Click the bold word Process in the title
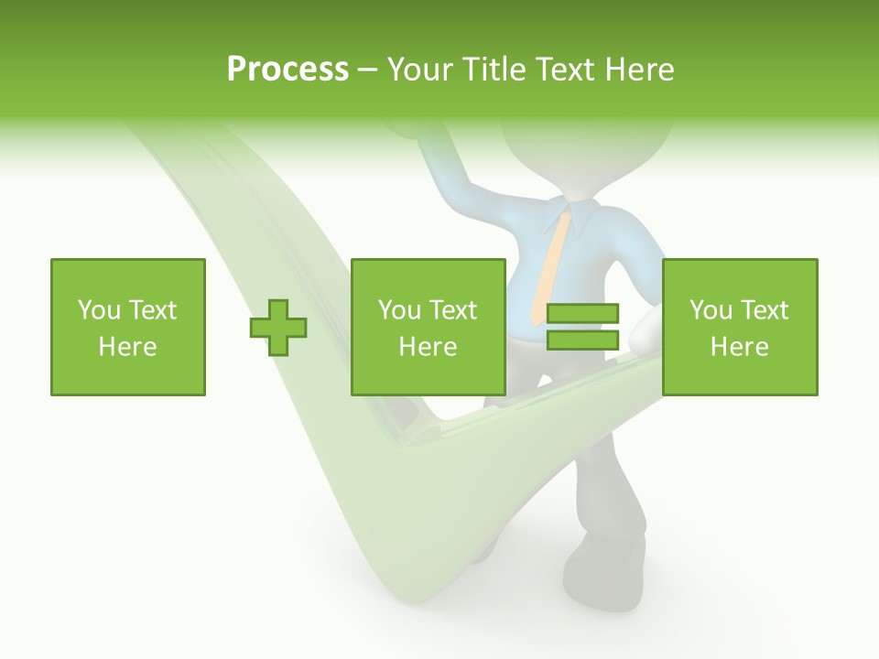pyautogui.click(x=288, y=70)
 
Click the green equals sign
pyautogui.click(x=582, y=327)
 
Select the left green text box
pyautogui.click(x=128, y=327)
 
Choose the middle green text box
pyautogui.click(x=428, y=327)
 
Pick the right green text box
pyautogui.click(x=740, y=327)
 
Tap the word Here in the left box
pyautogui.click(x=128, y=347)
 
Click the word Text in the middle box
pyautogui.click(x=452, y=310)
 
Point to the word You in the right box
pyautogui.click(x=711, y=310)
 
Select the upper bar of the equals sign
pyautogui.click(x=582, y=314)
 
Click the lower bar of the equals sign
pyautogui.click(x=582, y=340)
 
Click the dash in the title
pyautogui.click(x=368, y=70)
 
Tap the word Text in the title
pyautogui.click(x=560, y=70)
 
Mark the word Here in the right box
pyautogui.click(x=740, y=347)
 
